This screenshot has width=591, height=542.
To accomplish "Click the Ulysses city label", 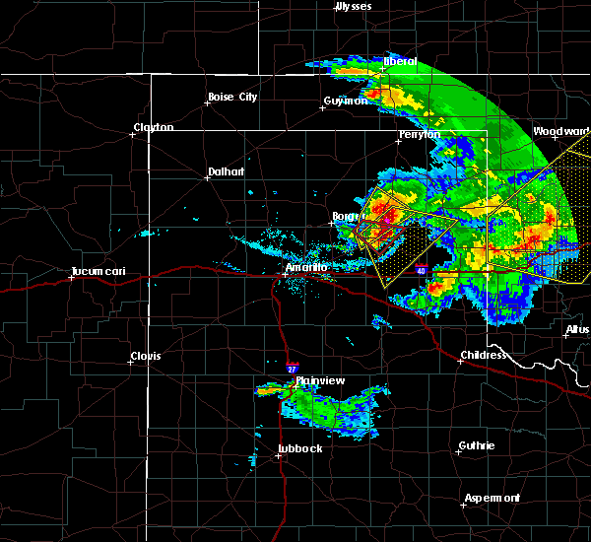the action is tap(353, 6).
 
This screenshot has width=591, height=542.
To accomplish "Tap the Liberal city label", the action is tap(400, 61).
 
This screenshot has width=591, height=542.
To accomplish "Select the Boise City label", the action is tap(231, 97).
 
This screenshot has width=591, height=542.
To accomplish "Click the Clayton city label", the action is tap(154, 127).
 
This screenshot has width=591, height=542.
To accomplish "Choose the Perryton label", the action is tap(420, 134).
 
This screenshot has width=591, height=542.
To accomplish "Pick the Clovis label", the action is tap(148, 356).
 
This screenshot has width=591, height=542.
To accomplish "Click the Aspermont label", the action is tap(494, 498).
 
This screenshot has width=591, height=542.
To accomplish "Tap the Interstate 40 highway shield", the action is tap(421, 269).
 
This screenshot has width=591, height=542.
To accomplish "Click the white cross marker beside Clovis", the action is tap(130, 362).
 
